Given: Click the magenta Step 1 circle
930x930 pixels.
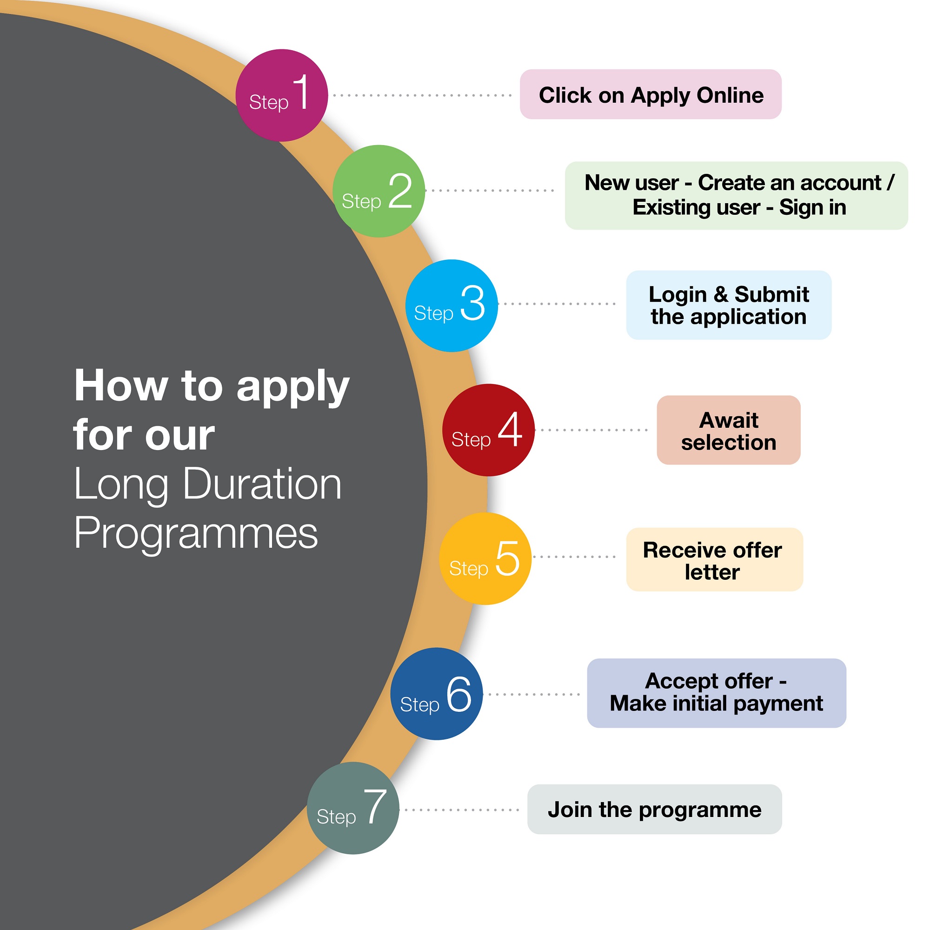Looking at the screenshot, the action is tap(282, 95).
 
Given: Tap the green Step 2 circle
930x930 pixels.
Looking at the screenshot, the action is tap(379, 191).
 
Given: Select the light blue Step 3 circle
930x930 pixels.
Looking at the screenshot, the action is tap(452, 306).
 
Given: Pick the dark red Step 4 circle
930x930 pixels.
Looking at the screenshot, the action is tap(489, 430).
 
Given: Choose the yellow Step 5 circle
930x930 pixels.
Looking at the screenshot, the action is tap(485, 558).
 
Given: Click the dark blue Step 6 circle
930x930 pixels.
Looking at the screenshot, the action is tap(437, 694).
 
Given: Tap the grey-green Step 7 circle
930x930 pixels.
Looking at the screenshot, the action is tap(353, 808).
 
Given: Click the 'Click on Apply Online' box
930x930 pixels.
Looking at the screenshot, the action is tap(651, 94).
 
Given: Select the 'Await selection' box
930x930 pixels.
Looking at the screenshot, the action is tap(729, 430).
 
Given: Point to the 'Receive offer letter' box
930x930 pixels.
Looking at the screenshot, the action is tap(714, 559).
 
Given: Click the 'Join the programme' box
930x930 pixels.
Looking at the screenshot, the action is tap(655, 809).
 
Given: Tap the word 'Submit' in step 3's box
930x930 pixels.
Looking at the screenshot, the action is tap(771, 294).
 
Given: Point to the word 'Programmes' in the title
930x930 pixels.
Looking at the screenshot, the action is tap(196, 533).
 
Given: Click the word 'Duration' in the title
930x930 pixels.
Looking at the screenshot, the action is tap(262, 484).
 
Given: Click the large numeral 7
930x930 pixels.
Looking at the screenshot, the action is tap(375, 806).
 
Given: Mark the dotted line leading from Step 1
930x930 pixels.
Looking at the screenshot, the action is tap(422, 95).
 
